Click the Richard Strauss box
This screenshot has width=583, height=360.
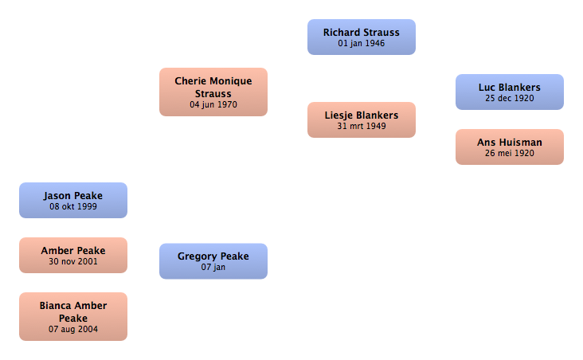[362, 37]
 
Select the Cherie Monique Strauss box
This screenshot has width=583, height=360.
[213, 92]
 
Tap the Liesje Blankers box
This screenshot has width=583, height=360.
[362, 119]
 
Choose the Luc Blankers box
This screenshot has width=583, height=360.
[510, 92]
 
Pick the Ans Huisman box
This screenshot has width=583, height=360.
[510, 147]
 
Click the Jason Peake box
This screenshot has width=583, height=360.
[73, 200]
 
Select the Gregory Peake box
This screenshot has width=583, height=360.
[213, 261]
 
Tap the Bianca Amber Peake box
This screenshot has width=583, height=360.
[73, 316]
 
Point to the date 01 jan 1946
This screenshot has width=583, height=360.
[362, 43]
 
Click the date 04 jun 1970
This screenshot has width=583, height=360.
[213, 104]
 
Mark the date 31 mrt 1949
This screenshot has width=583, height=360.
[362, 126]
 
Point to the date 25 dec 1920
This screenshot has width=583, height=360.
[510, 98]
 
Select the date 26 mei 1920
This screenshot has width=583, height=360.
[510, 153]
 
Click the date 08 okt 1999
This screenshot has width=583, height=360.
[73, 206]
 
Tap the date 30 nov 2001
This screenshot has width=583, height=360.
[73, 261]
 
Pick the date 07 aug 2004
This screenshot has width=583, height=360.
[73, 329]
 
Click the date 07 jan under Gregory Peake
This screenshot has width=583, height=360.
[213, 267]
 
